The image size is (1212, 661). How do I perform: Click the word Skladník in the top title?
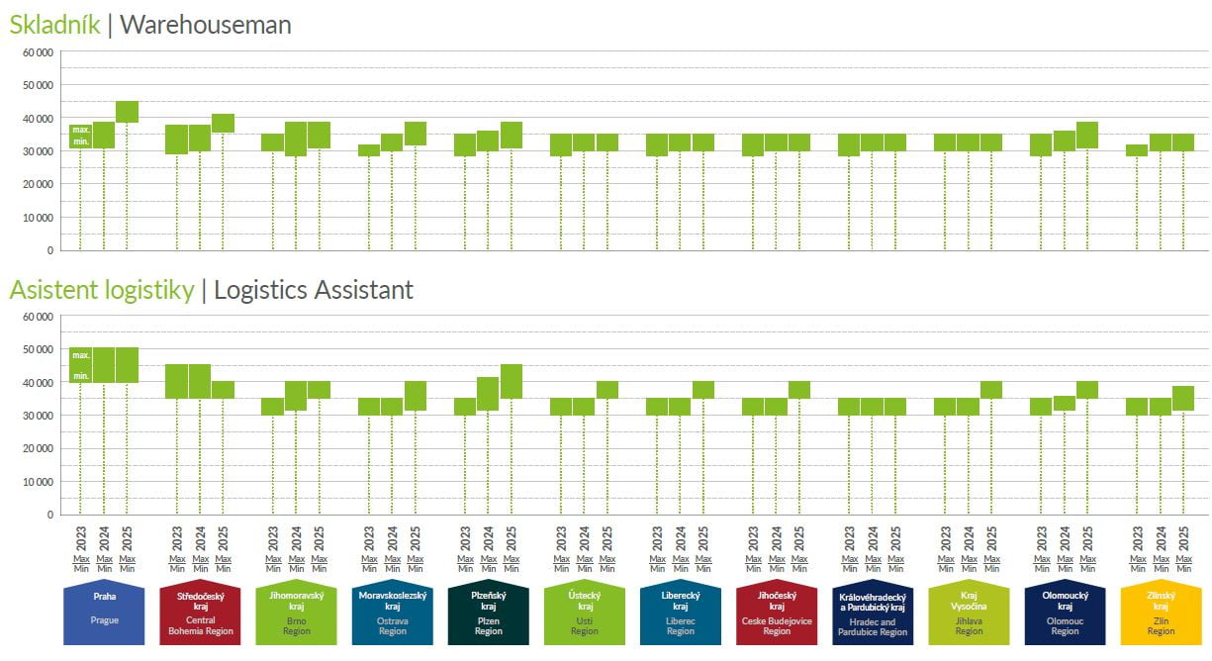[54, 25]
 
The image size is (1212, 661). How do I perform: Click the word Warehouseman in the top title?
[205, 25]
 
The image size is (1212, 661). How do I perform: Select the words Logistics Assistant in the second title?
[314, 290]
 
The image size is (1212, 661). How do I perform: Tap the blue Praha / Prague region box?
[104, 614]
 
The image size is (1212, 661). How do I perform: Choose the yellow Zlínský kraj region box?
[1161, 614]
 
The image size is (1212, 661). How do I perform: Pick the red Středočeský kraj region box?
[200, 614]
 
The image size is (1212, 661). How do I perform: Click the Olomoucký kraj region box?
[1065, 614]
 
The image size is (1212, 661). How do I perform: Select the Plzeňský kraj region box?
[488, 614]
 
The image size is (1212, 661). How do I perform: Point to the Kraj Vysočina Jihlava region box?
[969, 614]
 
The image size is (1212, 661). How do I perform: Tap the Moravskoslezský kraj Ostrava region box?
[392, 614]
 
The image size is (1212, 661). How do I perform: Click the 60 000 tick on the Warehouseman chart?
[38, 51]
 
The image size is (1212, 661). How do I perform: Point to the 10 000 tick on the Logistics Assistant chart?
[38, 482]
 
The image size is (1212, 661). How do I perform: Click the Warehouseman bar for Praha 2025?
[127, 112]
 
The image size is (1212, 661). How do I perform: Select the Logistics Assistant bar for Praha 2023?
[80, 365]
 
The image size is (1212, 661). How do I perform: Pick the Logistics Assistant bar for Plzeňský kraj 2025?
[512, 381]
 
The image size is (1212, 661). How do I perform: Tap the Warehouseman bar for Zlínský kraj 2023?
[1137, 150]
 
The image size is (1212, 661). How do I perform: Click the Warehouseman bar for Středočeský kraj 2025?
[223, 123]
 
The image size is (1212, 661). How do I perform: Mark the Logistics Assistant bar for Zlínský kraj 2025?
[1183, 398]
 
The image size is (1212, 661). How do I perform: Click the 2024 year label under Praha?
[104, 538]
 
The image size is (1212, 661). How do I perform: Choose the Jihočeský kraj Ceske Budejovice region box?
[777, 614]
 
